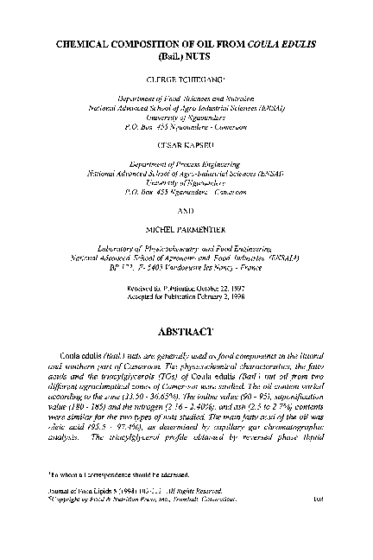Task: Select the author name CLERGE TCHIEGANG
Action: [186, 78]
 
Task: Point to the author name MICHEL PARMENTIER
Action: [186, 235]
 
